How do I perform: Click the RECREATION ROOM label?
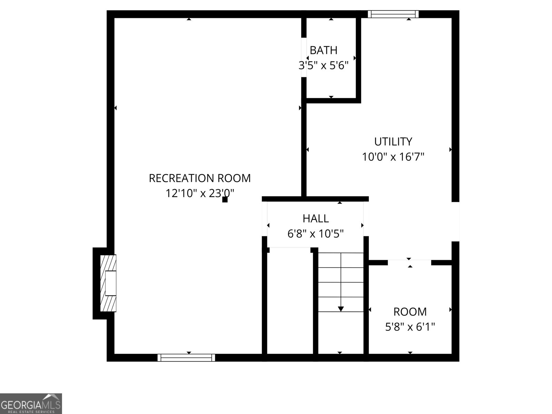tap(199, 178)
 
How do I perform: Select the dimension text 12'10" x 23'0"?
tap(199, 193)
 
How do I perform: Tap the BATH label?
tap(323, 50)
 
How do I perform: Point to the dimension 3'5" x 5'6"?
tap(323, 65)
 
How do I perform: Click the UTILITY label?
tap(393, 141)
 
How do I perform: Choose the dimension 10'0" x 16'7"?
tap(393, 157)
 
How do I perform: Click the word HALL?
tap(315, 218)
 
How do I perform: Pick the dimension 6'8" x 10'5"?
tap(315, 234)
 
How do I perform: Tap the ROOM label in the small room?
tap(410, 312)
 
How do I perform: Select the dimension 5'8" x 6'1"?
tap(410, 327)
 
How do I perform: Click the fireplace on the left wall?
tap(108, 283)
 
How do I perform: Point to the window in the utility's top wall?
tap(393, 14)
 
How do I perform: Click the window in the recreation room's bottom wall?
tap(186, 358)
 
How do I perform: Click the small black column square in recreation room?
tap(225, 199)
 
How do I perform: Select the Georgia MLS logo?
tap(31, 404)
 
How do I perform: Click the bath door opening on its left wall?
tap(304, 57)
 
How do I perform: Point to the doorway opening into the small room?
tap(410, 263)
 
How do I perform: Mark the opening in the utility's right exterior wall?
tap(455, 221)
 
